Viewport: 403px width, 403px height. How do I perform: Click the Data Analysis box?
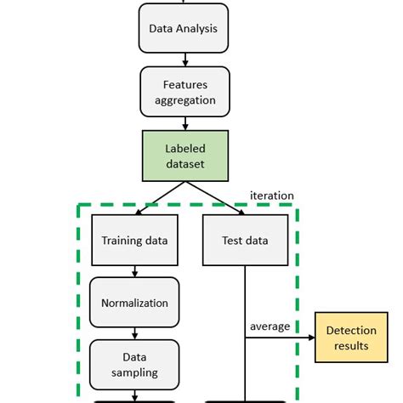tap(184, 28)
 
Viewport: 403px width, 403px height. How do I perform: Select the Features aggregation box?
tap(184, 92)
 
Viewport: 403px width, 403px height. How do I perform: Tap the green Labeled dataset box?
tap(184, 156)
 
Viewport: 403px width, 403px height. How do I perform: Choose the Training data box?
tap(134, 240)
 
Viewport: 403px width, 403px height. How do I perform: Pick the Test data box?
tap(245, 240)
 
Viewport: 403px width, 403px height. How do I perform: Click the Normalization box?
tap(134, 303)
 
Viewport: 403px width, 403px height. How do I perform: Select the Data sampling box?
tap(134, 365)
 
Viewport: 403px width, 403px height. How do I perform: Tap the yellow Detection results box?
tap(351, 338)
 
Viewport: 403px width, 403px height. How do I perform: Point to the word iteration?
tap(271, 196)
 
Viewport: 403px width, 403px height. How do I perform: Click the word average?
tap(270, 326)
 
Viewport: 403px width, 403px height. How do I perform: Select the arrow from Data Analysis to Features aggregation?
tap(184, 59)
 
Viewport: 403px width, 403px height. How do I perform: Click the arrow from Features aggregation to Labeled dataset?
tap(184, 122)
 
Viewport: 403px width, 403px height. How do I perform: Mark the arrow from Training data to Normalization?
tap(134, 272)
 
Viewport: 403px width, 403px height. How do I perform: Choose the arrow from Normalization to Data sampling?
tap(134, 334)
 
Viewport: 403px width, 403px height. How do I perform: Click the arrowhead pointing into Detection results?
tap(310, 338)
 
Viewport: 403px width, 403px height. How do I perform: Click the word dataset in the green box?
tap(184, 163)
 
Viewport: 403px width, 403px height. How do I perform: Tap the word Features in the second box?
tap(184, 84)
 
